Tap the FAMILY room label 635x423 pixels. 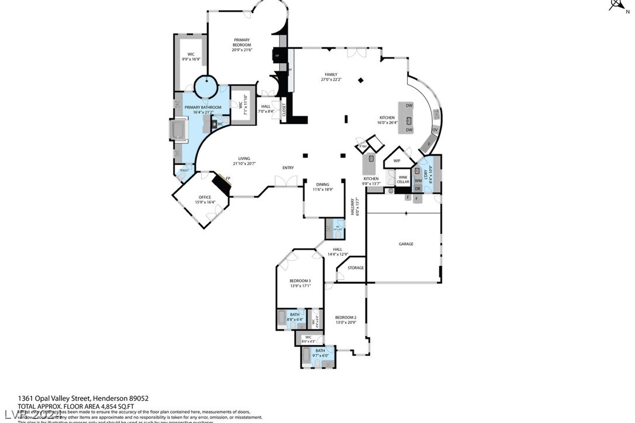coord(331,75)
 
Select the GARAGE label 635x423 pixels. coord(406,244)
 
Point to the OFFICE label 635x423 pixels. coord(205,197)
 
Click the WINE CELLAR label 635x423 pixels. coord(403,179)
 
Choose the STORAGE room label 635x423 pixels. coord(356,268)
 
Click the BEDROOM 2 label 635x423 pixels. coord(346,318)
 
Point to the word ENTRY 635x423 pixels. coord(288,168)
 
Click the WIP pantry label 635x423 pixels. coord(396,160)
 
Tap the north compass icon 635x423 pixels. coord(617,5)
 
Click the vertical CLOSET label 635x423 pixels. coord(284,110)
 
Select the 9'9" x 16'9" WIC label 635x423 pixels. coord(191,57)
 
